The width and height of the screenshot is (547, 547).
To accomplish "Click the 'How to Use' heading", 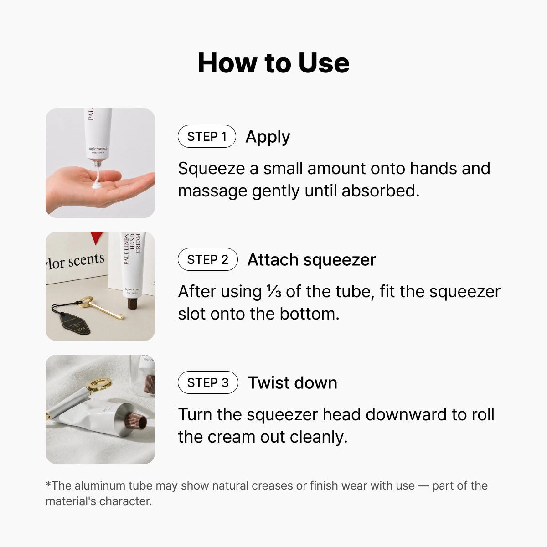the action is click(x=273, y=63).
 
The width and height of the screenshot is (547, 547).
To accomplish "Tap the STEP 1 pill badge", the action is click(x=206, y=136).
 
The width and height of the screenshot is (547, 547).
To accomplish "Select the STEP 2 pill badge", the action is click(x=208, y=259).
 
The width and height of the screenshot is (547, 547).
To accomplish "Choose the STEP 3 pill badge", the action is click(x=208, y=382).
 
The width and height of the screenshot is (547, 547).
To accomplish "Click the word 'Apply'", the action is click(x=268, y=137).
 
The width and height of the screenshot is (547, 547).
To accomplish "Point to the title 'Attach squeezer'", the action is click(x=311, y=260).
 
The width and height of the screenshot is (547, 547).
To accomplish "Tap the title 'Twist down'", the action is click(x=292, y=382).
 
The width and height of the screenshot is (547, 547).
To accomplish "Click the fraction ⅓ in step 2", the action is click(x=273, y=292).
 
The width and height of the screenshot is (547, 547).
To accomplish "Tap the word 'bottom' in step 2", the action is click(x=310, y=314).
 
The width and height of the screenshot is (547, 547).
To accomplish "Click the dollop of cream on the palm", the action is click(x=97, y=186).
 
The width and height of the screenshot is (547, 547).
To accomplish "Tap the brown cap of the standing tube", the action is click(x=133, y=304).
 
